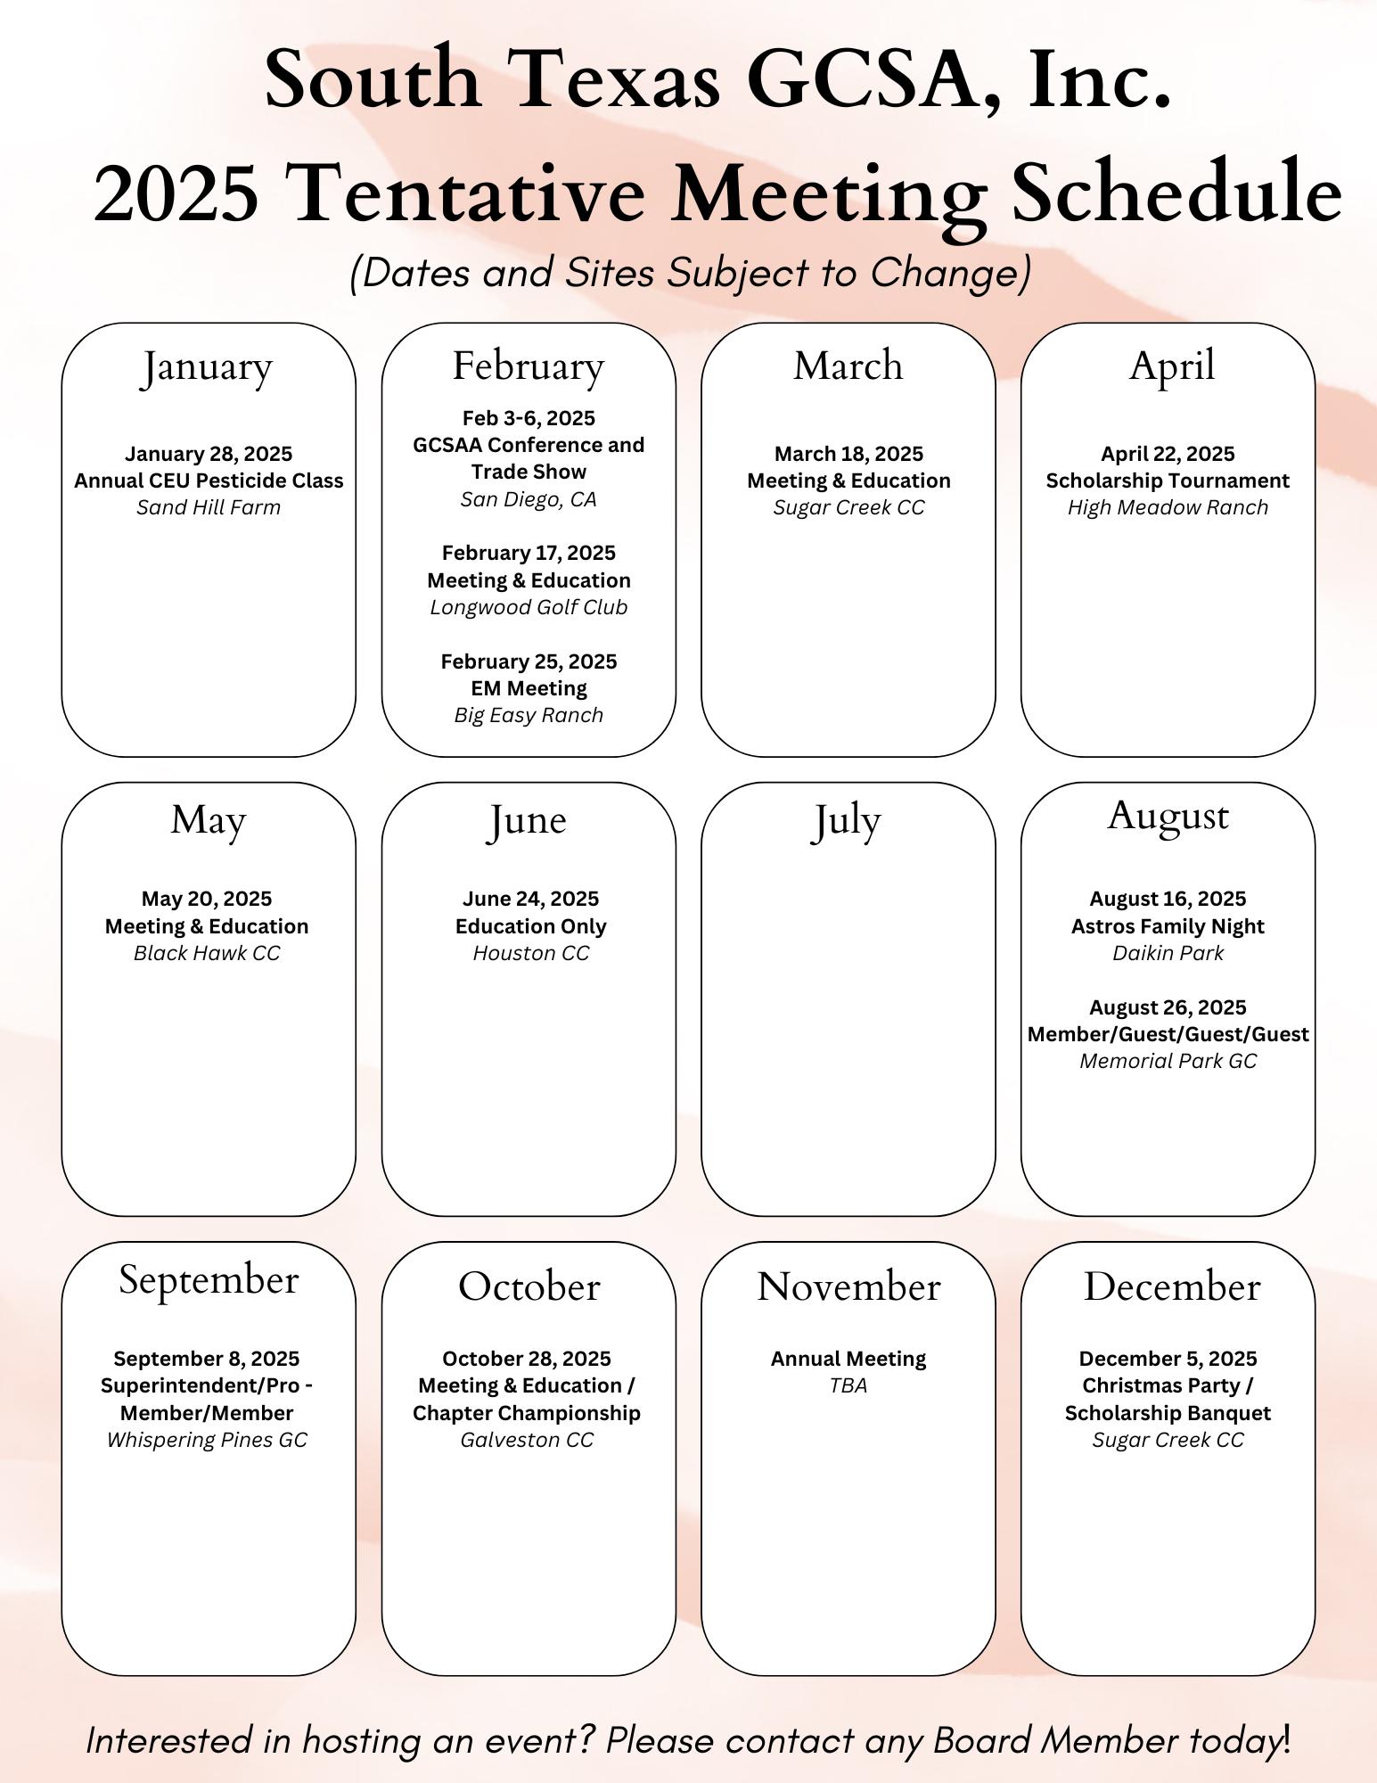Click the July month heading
[x=846, y=822]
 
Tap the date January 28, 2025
[x=209, y=454]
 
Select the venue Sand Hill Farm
[x=209, y=507]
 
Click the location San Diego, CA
[x=529, y=499]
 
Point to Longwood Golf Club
[x=529, y=607]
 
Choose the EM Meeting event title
[x=529, y=688]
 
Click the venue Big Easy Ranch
[x=529, y=715]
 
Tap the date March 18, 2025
[x=848, y=454]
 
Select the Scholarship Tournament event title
[x=1168, y=481]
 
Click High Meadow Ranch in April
[x=1168, y=507]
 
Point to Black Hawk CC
[x=207, y=953]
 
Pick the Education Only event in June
[x=530, y=926]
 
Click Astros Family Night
[x=1168, y=926]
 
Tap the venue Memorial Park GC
[x=1168, y=1061]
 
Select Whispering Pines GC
[x=207, y=1440]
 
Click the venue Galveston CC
[x=527, y=1440]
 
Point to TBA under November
[x=848, y=1385]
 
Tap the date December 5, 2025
[x=1168, y=1359]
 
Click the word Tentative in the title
[x=468, y=193]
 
